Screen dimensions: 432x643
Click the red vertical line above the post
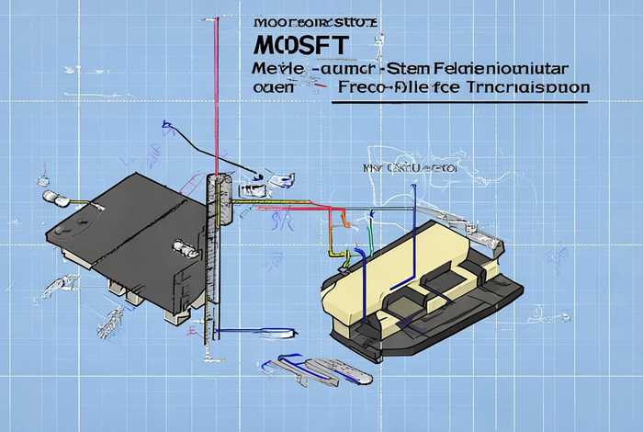click(x=215, y=92)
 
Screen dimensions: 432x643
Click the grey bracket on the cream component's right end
click(x=497, y=245)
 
